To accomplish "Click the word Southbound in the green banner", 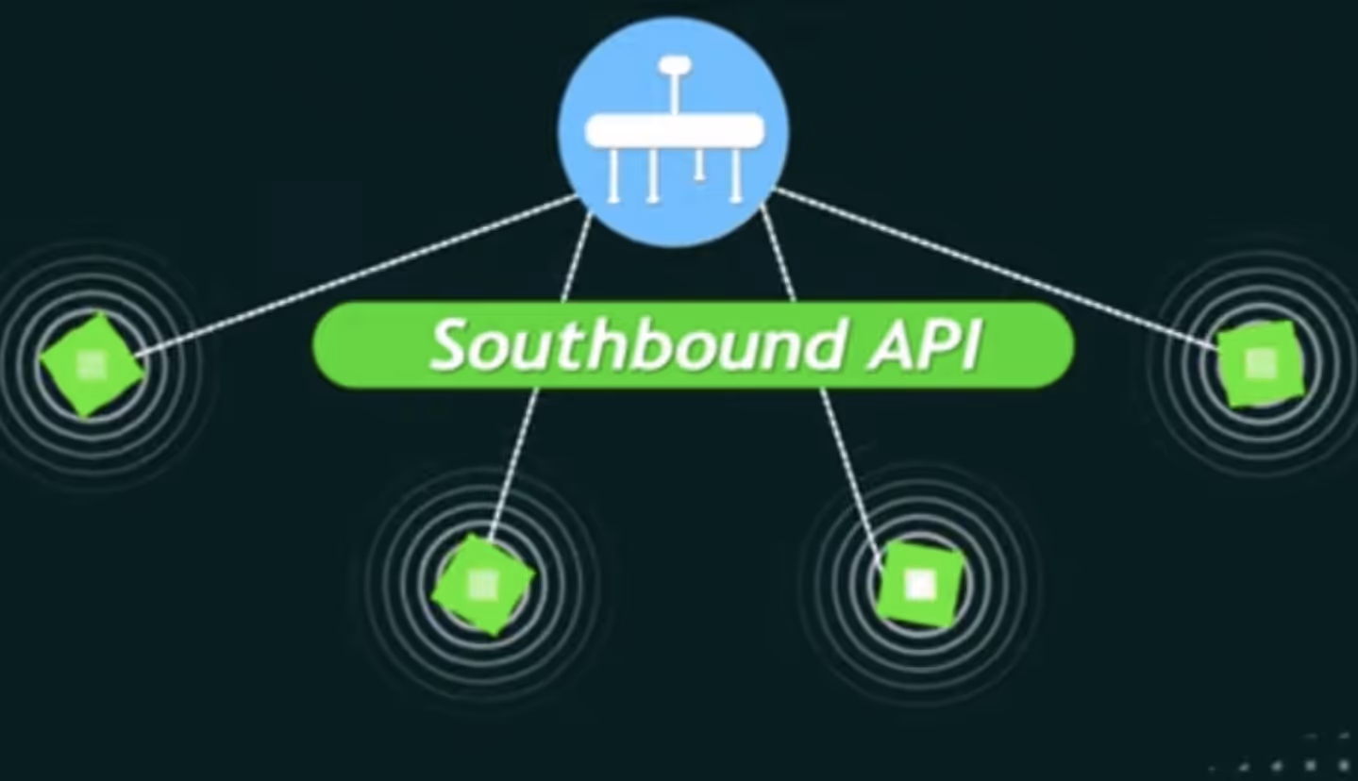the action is [638, 345].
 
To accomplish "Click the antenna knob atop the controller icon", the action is [675, 65].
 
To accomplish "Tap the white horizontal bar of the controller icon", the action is [674, 130].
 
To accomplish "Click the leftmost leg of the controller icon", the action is [613, 175].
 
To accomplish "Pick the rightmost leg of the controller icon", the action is [736, 175].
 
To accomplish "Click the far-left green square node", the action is [92, 365].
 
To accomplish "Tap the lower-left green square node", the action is [483, 586].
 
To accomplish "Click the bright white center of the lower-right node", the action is [919, 585].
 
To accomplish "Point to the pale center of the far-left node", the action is [92, 365].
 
